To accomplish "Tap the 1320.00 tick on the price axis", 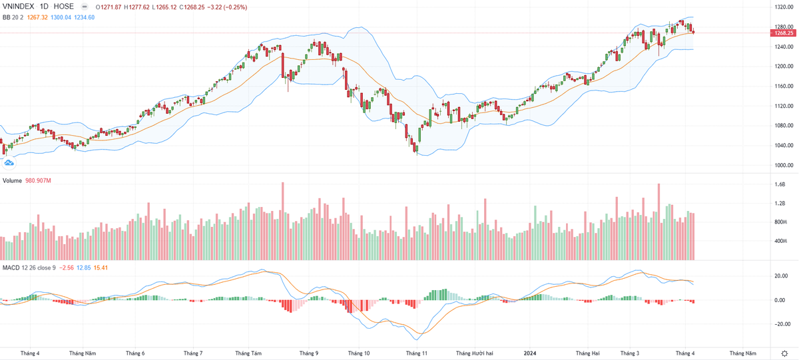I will pyautogui.click(x=784, y=7).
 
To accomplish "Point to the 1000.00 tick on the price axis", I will pyautogui.click(x=784, y=165).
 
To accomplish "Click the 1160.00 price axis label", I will pyautogui.click(x=784, y=86).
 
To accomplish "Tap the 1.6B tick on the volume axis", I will pyautogui.click(x=780, y=184).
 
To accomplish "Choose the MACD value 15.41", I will pyautogui.click(x=101, y=268).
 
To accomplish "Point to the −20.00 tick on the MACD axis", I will pyautogui.click(x=782, y=324).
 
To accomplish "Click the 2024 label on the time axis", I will pyautogui.click(x=531, y=353).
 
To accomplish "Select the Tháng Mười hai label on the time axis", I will pyautogui.click(x=474, y=353).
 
